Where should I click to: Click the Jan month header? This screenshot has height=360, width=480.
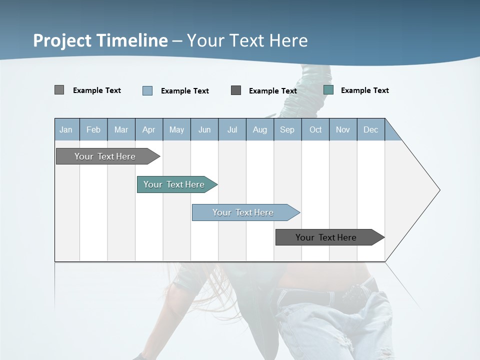(66, 129)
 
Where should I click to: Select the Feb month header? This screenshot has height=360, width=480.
(93, 129)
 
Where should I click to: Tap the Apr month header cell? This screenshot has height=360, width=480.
(149, 129)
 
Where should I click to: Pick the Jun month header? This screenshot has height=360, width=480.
(204, 129)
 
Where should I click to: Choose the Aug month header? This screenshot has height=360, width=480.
(260, 129)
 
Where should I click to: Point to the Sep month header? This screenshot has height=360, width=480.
(287, 129)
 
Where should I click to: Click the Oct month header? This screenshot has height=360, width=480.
(315, 129)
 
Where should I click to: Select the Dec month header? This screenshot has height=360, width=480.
(371, 129)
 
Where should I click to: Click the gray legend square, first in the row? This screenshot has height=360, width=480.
(59, 90)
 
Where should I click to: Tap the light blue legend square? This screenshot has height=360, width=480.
(147, 90)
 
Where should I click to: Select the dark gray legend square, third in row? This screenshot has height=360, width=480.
(236, 90)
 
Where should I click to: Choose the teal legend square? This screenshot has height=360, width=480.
(328, 90)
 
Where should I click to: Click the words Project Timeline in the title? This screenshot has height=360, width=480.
(100, 40)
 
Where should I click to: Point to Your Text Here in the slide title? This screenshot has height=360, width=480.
(247, 40)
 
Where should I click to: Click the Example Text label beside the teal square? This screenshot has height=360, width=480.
(364, 90)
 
